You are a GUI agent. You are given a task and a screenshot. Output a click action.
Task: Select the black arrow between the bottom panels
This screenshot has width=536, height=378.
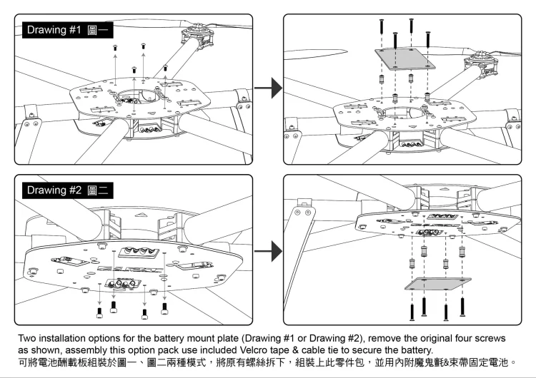[x=267, y=250]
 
